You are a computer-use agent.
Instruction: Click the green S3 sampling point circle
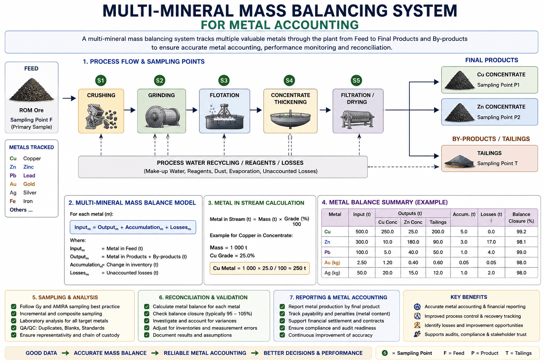coord(224,80)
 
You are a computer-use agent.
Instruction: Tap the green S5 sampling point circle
coord(356,80)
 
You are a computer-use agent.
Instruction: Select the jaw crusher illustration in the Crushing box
coord(101,116)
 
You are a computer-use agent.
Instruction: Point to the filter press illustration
coord(357,119)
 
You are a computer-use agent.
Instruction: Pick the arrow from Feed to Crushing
coord(69,98)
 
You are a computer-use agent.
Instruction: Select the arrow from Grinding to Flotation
coord(192,110)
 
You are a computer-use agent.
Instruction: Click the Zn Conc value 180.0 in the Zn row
coord(413,242)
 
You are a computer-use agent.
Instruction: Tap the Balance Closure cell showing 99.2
coord(521,231)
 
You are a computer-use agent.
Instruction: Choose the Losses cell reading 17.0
coord(491,242)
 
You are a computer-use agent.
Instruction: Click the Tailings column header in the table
coord(438,222)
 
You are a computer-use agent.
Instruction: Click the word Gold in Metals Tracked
coord(29,184)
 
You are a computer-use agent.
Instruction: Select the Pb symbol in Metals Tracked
coord(13,175)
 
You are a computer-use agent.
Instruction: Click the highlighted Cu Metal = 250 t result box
coord(259,268)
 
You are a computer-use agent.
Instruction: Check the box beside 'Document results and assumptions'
coord(147,335)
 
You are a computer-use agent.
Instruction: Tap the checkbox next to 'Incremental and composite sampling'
coord(14,314)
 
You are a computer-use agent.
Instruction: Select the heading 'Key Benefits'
coord(469,297)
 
